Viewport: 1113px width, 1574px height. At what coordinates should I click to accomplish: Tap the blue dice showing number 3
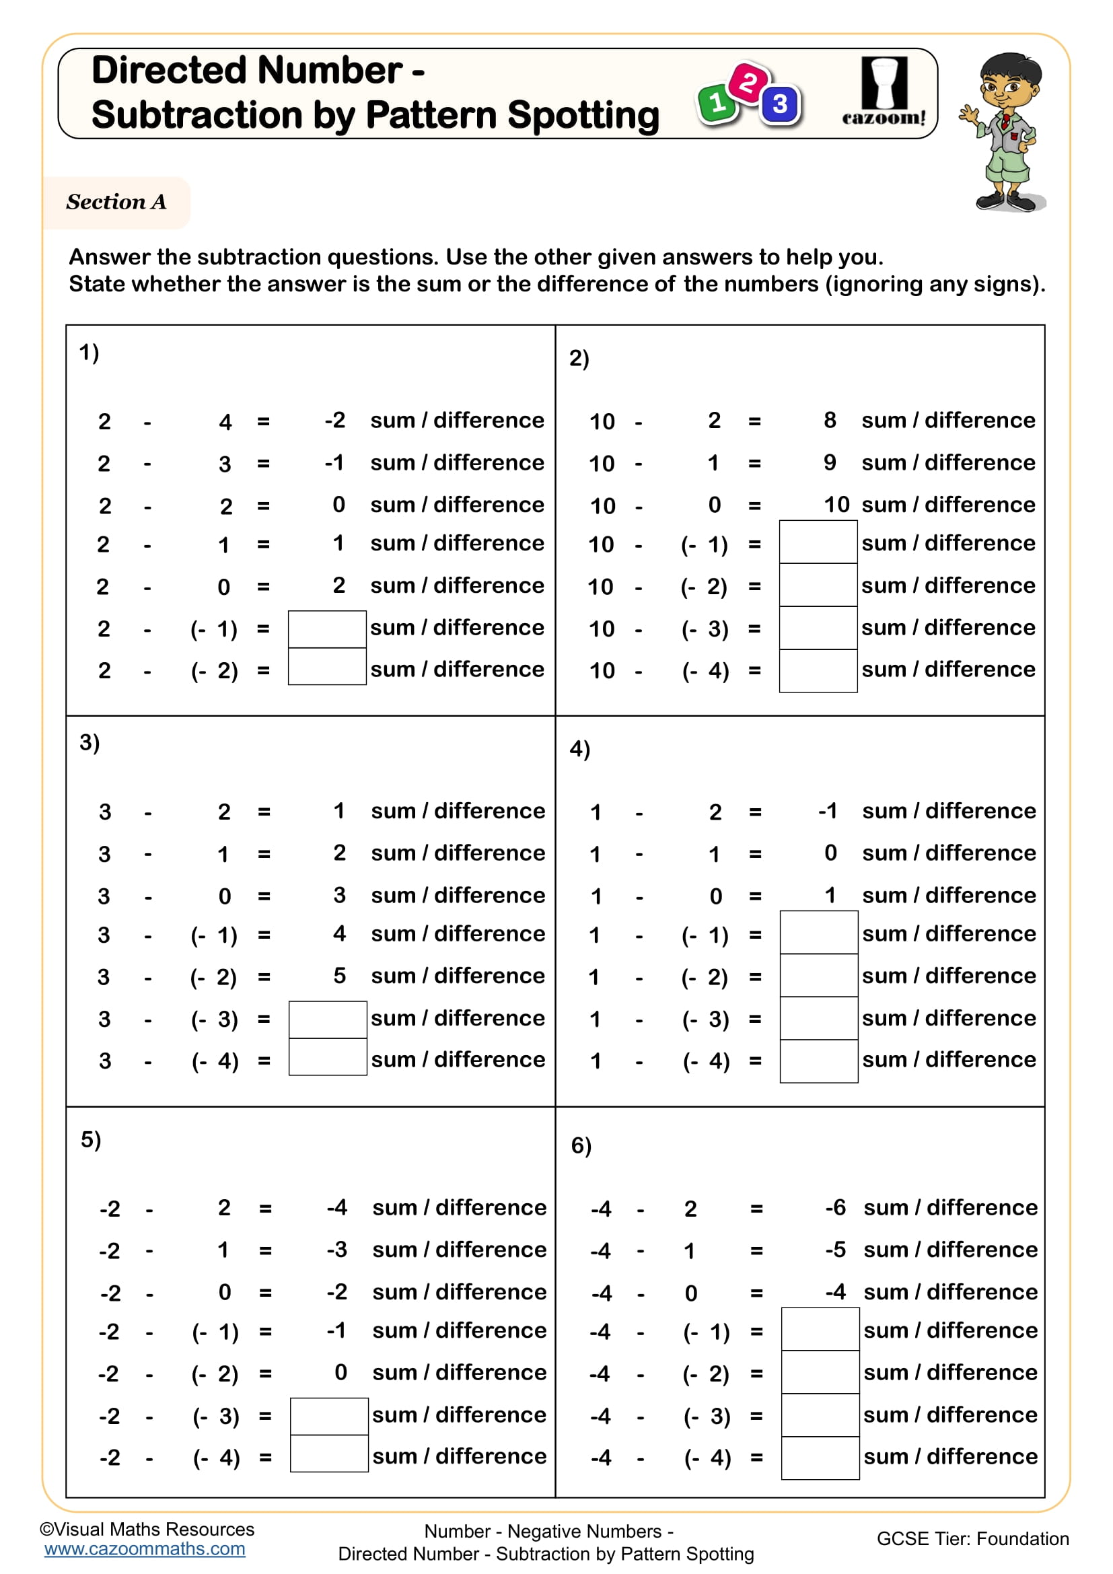click(x=780, y=105)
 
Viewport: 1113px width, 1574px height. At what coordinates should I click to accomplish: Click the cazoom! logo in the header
click(x=884, y=92)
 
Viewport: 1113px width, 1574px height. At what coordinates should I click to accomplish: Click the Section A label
click(x=116, y=203)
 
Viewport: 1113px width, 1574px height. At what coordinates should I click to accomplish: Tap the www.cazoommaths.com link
click(x=145, y=1548)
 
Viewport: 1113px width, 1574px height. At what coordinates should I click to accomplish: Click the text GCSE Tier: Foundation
click(x=972, y=1538)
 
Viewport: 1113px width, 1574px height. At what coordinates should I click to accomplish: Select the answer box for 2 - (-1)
click(x=327, y=629)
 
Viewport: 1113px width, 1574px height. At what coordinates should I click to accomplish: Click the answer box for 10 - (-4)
click(x=818, y=670)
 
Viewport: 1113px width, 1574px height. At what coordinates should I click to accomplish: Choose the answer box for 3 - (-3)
click(x=328, y=1019)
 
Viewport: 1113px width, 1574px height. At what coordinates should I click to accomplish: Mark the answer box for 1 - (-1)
click(x=818, y=932)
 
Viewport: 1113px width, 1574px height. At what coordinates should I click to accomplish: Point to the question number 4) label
click(x=580, y=748)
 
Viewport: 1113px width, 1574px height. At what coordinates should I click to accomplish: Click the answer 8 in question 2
click(x=829, y=419)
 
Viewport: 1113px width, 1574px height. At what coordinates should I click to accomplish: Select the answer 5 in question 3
click(x=339, y=976)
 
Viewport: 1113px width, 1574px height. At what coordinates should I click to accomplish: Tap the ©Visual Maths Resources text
click(x=147, y=1529)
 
